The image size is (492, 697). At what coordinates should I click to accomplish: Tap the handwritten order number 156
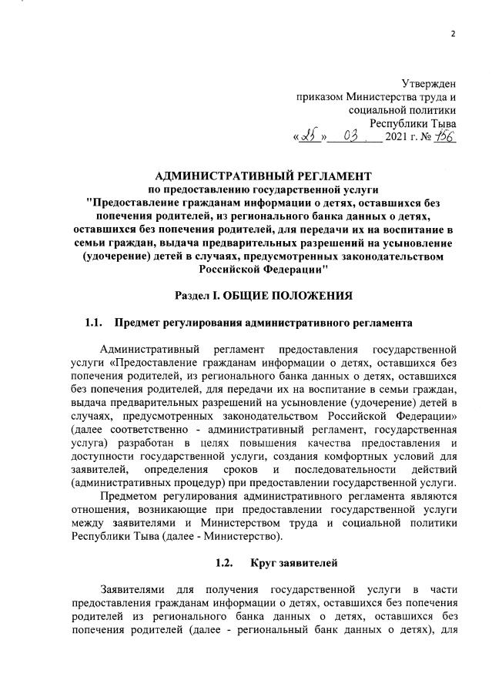(x=446, y=136)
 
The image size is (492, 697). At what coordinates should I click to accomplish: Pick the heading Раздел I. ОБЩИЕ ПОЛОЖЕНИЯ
(x=263, y=295)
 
